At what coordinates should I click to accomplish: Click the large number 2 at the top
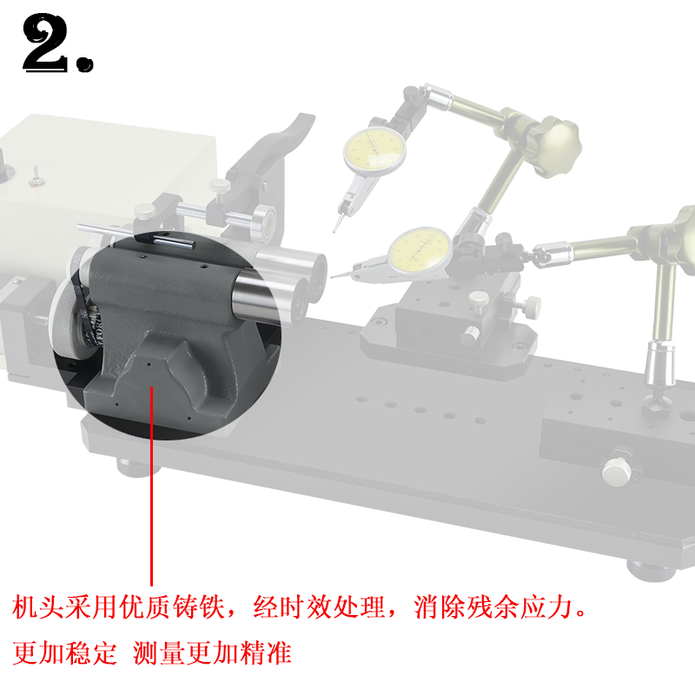(48, 43)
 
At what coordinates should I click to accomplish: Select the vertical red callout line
(152, 486)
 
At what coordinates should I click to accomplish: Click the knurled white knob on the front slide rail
(618, 470)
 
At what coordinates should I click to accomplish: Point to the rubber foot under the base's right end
(646, 569)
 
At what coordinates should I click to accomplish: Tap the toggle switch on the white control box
(36, 176)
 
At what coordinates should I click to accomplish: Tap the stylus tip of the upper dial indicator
(335, 230)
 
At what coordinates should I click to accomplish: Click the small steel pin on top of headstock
(170, 238)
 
